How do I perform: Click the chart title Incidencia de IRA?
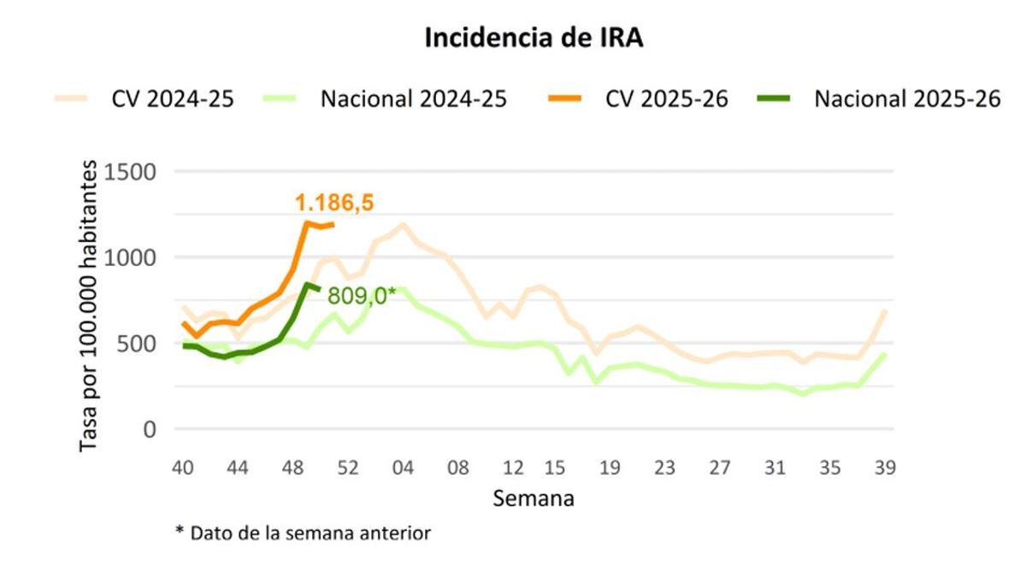pyautogui.click(x=534, y=38)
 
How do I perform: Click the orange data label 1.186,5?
pyautogui.click(x=334, y=203)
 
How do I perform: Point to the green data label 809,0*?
pyautogui.click(x=362, y=297)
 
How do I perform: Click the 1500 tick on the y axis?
pyautogui.click(x=131, y=172)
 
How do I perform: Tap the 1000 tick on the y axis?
pyautogui.click(x=131, y=257)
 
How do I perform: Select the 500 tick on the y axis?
pyautogui.click(x=137, y=343)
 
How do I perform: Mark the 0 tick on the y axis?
pyautogui.click(x=149, y=429)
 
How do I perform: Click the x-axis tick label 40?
pyautogui.click(x=181, y=468)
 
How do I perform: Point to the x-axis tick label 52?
pyautogui.click(x=347, y=468)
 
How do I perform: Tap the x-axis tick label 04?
pyautogui.click(x=403, y=468)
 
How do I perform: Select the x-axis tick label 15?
pyautogui.click(x=555, y=468)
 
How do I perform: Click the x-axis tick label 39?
pyautogui.click(x=884, y=468)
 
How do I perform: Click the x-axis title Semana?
pyautogui.click(x=533, y=498)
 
